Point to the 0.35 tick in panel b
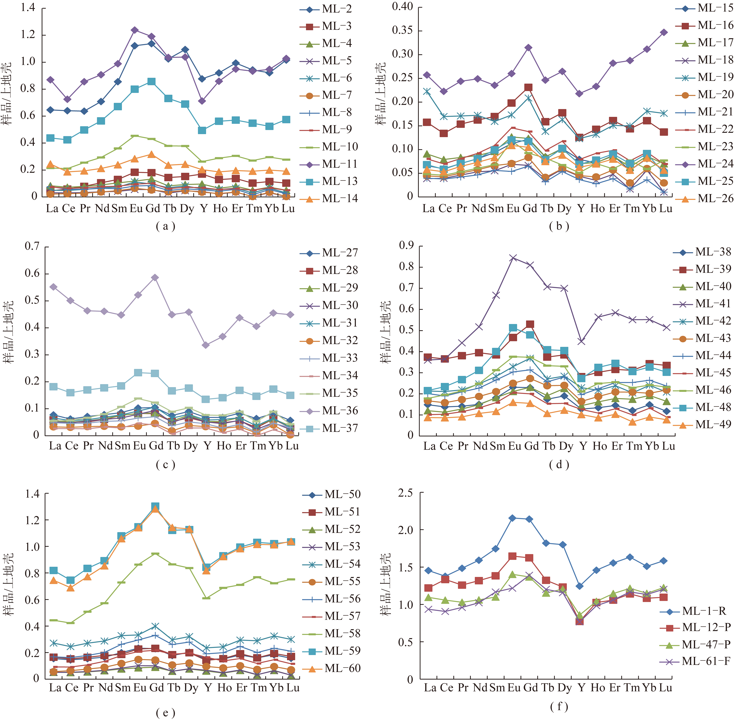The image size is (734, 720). coord(402,31)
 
